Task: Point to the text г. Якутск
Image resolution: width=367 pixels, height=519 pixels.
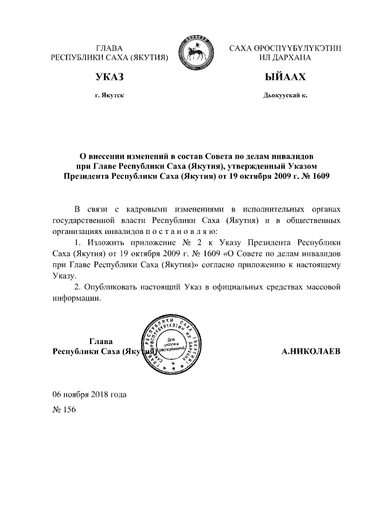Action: [110, 95]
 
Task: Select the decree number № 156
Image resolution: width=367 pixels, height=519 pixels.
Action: [64, 410]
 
